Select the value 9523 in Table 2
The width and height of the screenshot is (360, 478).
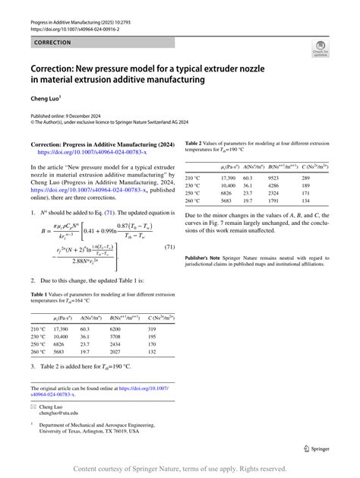(x=274, y=176)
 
